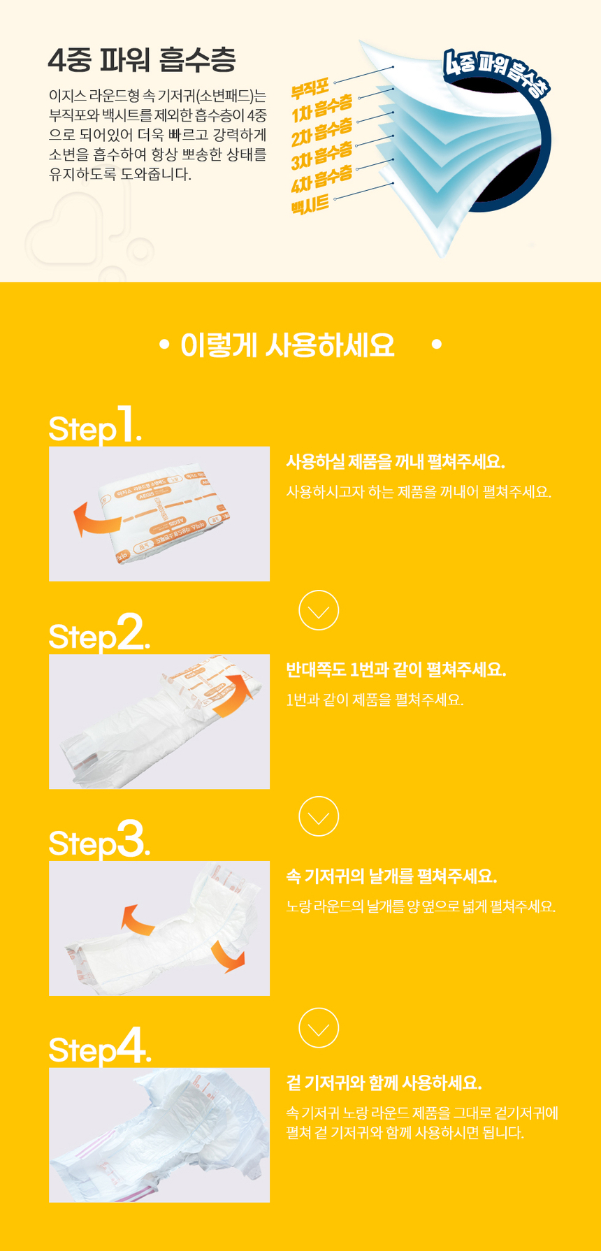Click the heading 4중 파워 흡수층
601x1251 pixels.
pos(142,60)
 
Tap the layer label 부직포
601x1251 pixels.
pos(310,89)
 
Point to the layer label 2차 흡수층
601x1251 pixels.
pos(322,131)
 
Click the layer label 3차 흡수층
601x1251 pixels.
pos(322,155)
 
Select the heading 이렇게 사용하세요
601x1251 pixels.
pos(287,345)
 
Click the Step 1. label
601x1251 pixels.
pos(95,424)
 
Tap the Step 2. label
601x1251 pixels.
pos(99,632)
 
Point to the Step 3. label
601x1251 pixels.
pos(99,839)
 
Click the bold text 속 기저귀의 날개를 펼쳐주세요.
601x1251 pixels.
pos(391,876)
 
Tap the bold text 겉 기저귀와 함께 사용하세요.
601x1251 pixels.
pos(384,1083)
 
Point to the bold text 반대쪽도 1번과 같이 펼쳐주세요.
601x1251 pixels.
pos(396,670)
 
